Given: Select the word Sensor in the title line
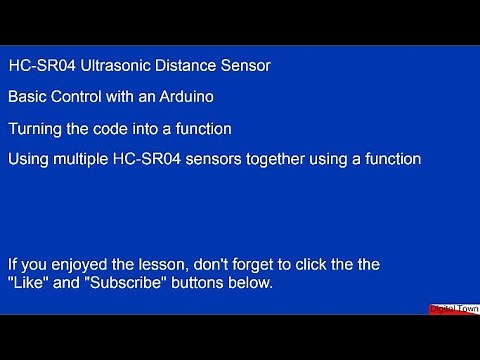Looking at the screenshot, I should (x=245, y=66).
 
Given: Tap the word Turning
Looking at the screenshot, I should (x=34, y=129).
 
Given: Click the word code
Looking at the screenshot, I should (x=117, y=129).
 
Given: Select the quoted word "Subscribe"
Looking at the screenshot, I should (x=116, y=284).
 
